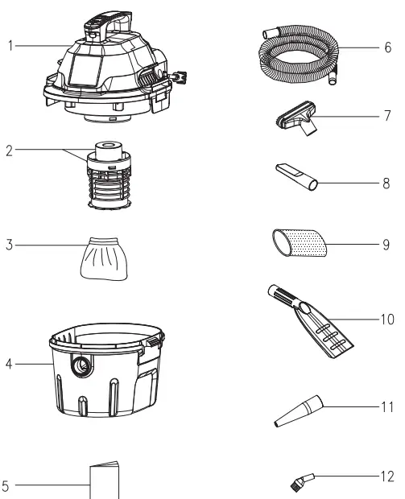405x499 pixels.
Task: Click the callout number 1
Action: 10,46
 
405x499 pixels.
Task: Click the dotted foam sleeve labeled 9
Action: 299,241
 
